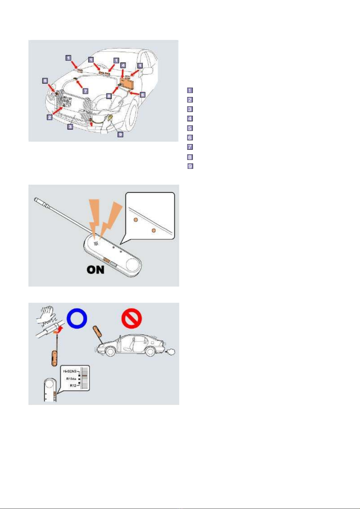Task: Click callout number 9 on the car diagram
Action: (121, 134)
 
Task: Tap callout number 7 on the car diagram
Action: (85, 91)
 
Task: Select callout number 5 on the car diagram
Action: (45, 81)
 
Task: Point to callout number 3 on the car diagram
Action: (70, 127)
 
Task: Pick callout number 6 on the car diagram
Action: (143, 95)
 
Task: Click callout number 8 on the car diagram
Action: (109, 96)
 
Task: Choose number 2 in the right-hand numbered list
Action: (190, 99)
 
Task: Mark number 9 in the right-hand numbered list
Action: (190, 166)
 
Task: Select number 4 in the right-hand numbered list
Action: (190, 118)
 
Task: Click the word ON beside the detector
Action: (96, 270)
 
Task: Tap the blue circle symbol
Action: (77, 318)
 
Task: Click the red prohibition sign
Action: (132, 318)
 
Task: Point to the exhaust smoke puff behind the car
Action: (171, 352)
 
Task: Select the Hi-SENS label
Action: (70, 371)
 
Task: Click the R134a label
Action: (71, 379)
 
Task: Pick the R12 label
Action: (73, 386)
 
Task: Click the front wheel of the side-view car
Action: (110, 352)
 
